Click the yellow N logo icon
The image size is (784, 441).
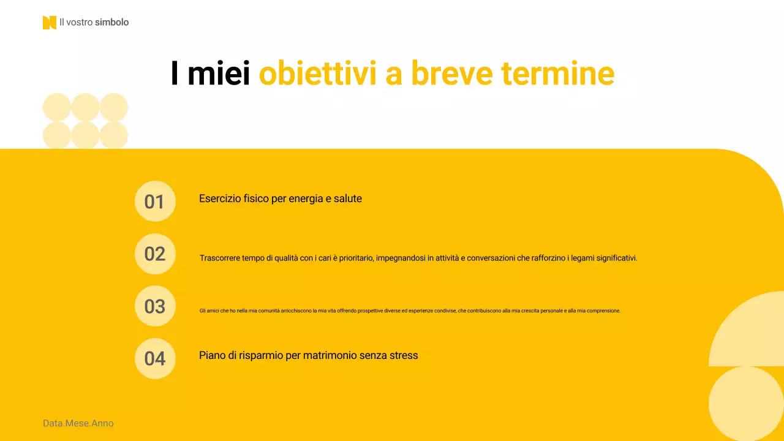point(49,23)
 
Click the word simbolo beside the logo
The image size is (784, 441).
point(112,23)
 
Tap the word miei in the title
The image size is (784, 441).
point(219,74)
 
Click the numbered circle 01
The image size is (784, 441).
point(155,202)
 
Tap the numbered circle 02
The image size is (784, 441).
point(155,254)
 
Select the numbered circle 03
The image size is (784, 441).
point(155,306)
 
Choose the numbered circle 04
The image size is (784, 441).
point(155,358)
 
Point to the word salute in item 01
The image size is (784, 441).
point(347,198)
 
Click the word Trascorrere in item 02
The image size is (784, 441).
point(221,258)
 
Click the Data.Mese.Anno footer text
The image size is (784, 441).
point(78,423)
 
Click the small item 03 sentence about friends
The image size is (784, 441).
point(410,311)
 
